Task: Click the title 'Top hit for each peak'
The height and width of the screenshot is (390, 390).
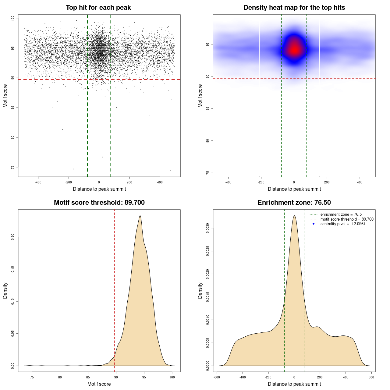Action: point(98,8)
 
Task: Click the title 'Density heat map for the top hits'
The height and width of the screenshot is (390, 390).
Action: point(294,8)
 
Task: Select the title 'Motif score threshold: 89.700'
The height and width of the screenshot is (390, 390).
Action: point(99,203)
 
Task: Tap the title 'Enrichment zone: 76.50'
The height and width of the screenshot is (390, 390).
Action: point(294,203)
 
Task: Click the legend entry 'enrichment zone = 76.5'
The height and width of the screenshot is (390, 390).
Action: point(341,214)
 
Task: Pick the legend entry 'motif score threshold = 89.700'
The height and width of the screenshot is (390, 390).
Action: point(347,219)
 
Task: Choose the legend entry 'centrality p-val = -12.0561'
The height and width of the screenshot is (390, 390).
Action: point(343,224)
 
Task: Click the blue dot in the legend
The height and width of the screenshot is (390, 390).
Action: point(314,224)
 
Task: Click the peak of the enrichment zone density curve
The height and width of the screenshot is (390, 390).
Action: point(294,216)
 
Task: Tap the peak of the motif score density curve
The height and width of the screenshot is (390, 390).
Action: point(140,216)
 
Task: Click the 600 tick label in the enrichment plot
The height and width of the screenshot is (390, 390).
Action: point(371,378)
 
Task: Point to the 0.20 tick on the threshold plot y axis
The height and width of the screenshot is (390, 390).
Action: point(13,237)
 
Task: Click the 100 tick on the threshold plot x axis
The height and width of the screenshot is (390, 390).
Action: point(172,378)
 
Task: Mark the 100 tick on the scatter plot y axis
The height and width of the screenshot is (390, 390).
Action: point(13,18)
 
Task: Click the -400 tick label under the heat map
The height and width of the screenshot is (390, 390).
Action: point(228,183)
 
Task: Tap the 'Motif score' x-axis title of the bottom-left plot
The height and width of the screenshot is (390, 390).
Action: point(99,384)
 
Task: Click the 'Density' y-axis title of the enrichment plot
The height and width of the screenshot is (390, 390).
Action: point(200,290)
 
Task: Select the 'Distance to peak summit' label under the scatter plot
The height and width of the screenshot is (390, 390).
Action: point(99,189)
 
